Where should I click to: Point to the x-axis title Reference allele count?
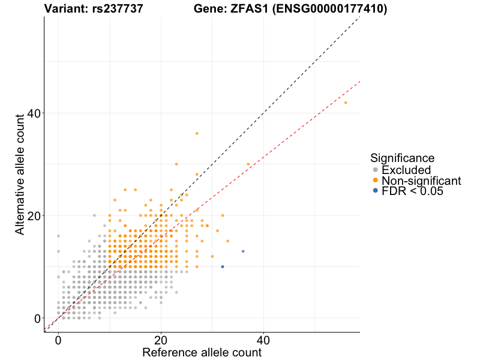coord(202,352)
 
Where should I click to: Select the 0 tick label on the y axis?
coord(37,318)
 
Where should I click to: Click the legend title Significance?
coord(402,158)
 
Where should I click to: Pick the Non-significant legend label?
coord(421,181)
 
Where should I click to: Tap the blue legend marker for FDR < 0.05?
coord(376,191)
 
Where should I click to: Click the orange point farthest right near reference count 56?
coord(346,103)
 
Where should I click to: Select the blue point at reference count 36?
coord(243,251)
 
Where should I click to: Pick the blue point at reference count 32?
coord(223,266)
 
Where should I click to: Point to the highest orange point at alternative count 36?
coord(197,133)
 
